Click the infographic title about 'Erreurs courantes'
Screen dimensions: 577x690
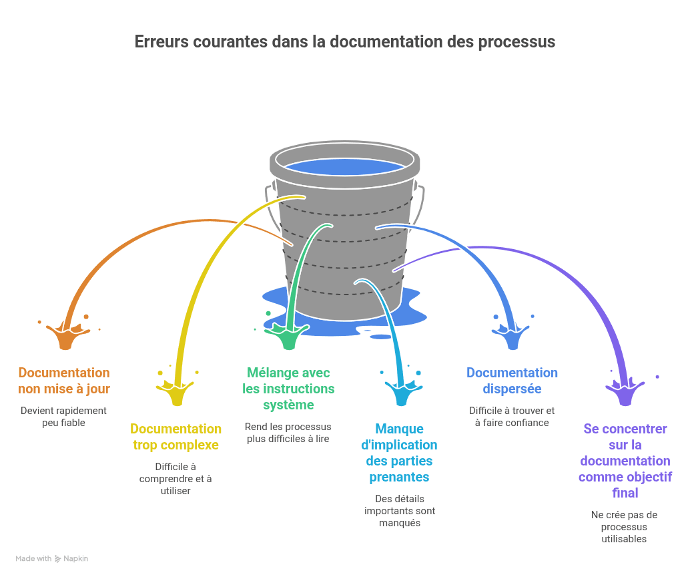point(345,41)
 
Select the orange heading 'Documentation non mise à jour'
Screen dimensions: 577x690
point(64,381)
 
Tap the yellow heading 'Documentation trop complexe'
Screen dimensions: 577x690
point(176,437)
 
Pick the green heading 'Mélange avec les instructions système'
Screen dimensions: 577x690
point(288,389)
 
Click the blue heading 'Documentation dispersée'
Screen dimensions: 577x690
point(512,381)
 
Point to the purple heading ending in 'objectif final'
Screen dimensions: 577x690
point(625,461)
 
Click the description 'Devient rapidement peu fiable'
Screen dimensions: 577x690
point(64,417)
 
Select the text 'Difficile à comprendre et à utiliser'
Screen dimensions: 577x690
point(176,479)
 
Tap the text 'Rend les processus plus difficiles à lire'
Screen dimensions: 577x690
point(288,433)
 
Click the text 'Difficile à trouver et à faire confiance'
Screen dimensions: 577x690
point(512,417)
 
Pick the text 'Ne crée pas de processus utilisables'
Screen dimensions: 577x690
point(625,527)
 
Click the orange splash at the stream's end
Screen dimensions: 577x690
point(65,337)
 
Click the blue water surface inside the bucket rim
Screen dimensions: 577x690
point(344,166)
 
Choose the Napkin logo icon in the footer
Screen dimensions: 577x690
point(58,558)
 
